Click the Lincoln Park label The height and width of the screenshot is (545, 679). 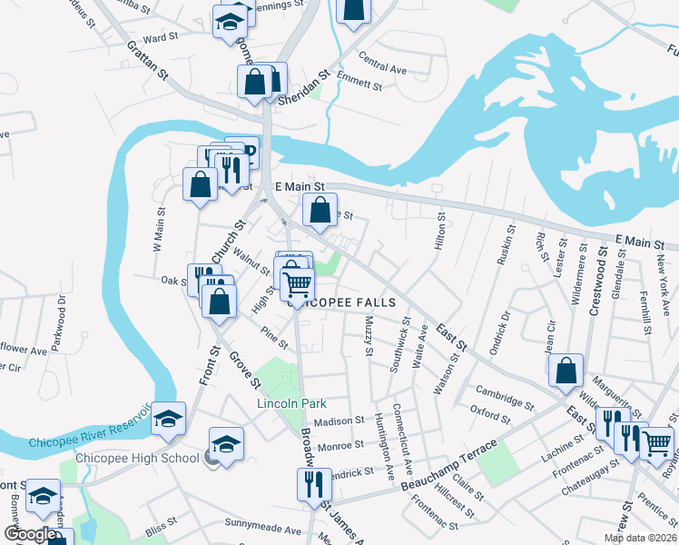point(290,403)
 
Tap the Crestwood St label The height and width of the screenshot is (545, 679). point(598,287)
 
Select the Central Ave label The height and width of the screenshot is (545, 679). point(382,66)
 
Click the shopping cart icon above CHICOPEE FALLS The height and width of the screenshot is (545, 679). point(297,284)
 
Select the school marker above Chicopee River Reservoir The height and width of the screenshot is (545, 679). point(168,419)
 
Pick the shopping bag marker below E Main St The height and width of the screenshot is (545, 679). point(320,211)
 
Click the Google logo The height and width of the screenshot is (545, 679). point(30,534)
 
